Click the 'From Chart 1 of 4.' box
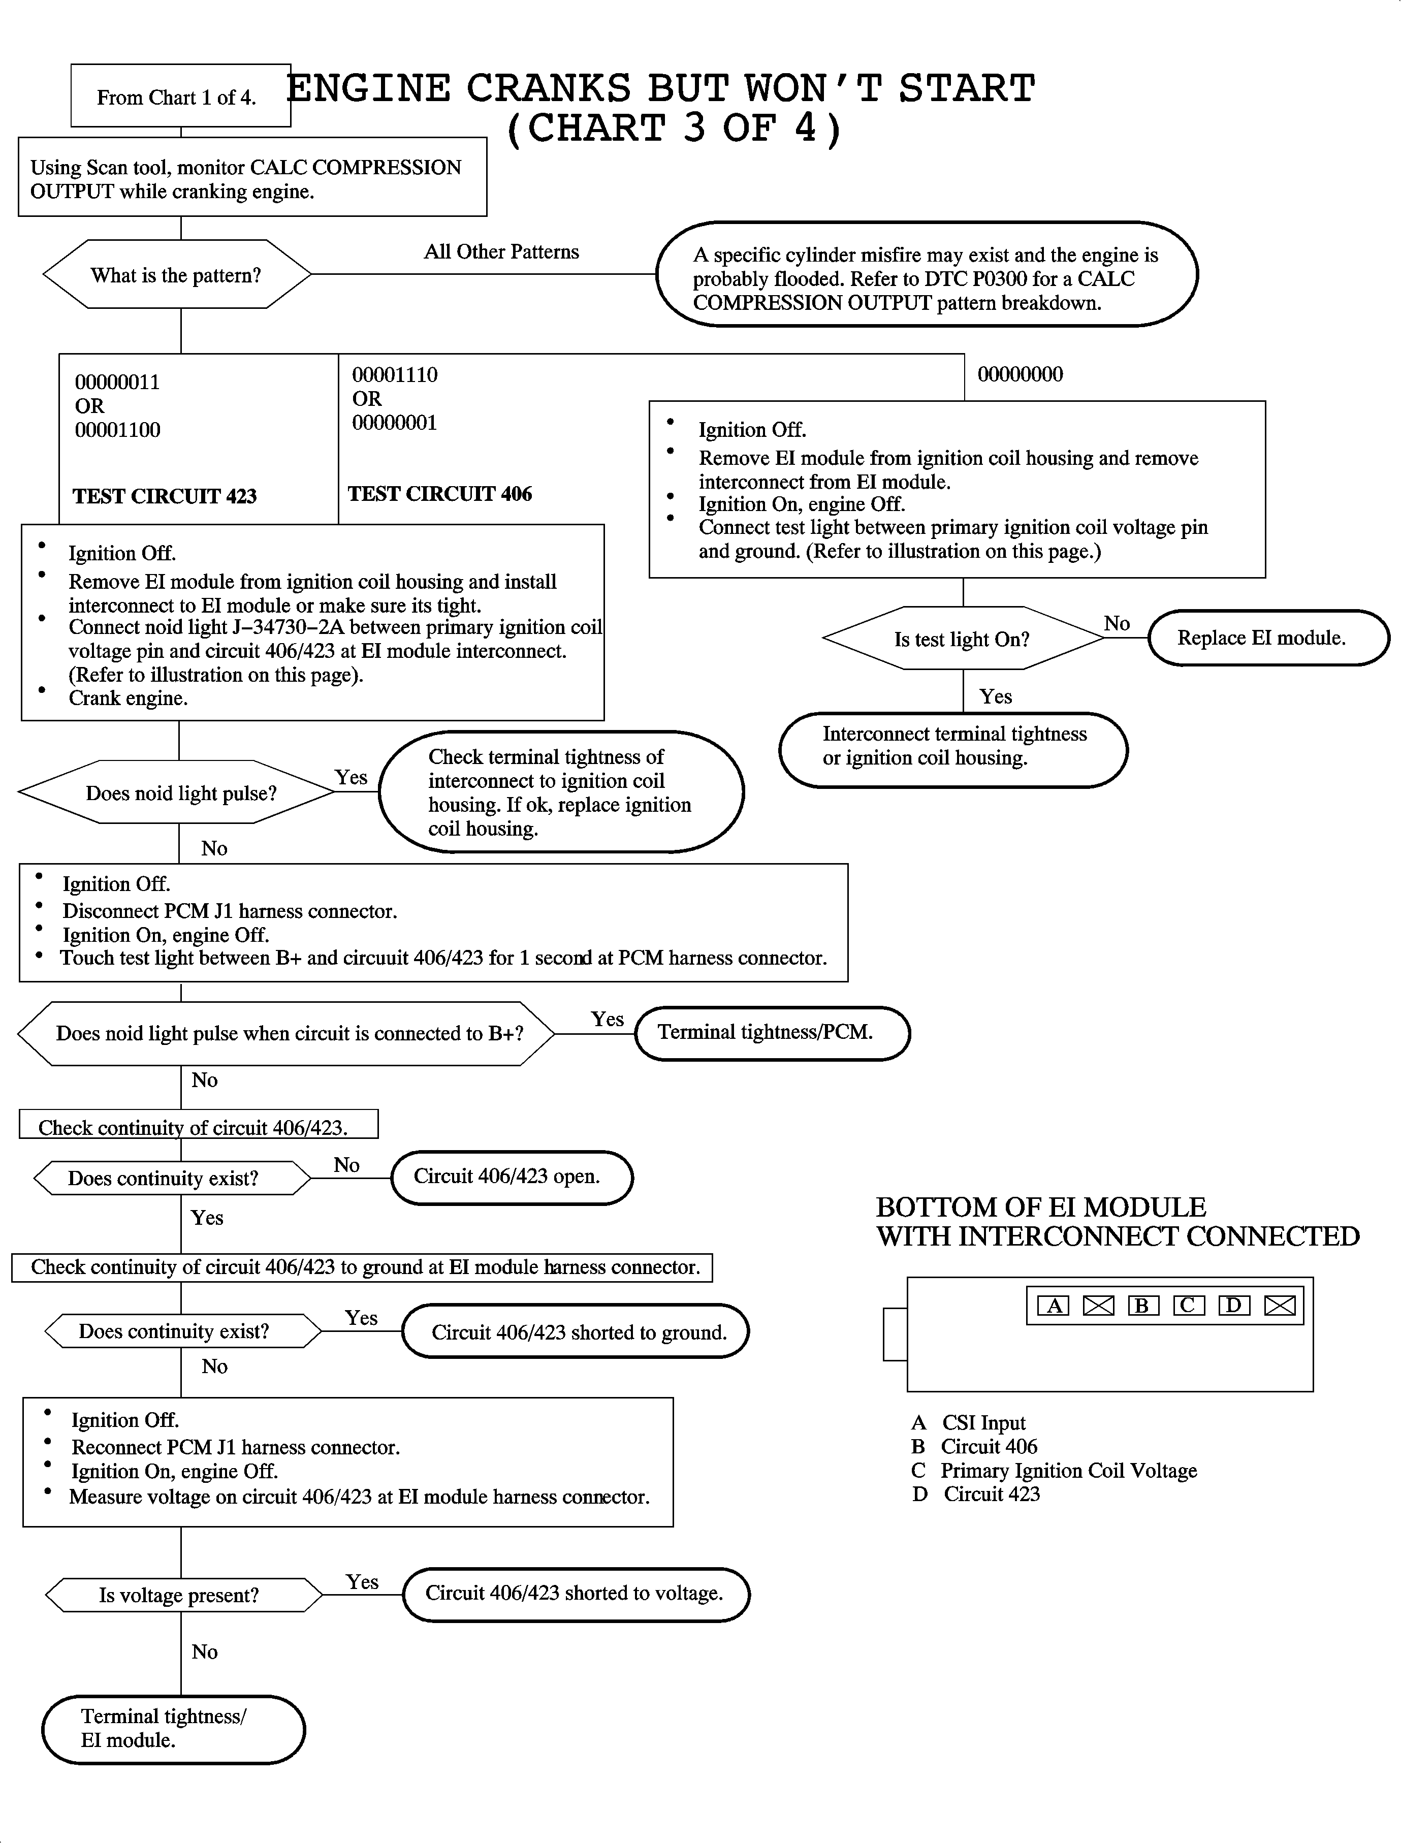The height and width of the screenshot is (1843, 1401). click(x=180, y=96)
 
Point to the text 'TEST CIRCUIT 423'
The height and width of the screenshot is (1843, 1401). click(x=164, y=496)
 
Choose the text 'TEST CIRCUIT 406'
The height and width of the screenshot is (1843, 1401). click(x=439, y=494)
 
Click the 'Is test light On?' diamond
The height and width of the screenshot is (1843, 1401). click(x=962, y=639)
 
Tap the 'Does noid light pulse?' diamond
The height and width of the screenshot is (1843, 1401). click(x=180, y=792)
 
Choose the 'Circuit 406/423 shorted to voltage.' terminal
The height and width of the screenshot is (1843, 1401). click(x=576, y=1593)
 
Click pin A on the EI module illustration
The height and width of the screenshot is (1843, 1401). click(x=1053, y=1305)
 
